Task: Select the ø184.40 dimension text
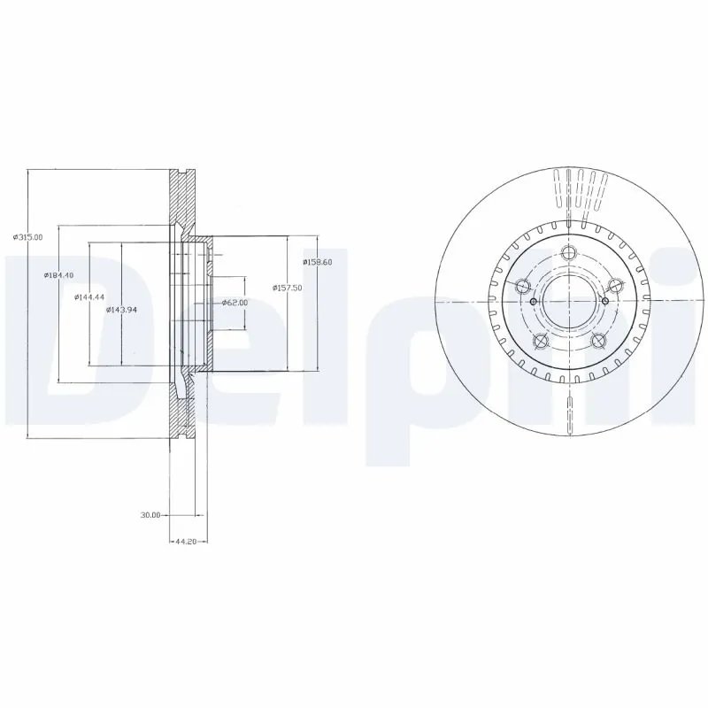click(58, 276)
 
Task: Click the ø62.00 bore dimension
click(235, 303)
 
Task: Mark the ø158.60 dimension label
click(316, 262)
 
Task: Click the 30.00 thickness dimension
click(150, 514)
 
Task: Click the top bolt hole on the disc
click(569, 251)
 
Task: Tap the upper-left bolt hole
click(521, 285)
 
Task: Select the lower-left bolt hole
click(540, 342)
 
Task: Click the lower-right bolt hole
click(598, 342)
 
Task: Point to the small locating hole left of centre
click(533, 302)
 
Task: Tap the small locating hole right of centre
click(604, 302)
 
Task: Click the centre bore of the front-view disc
click(569, 302)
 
